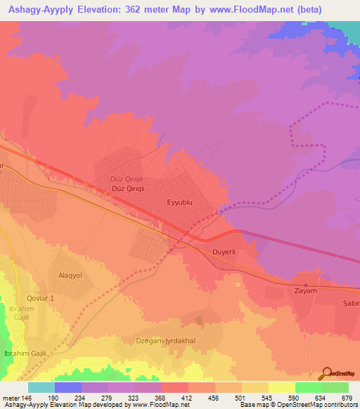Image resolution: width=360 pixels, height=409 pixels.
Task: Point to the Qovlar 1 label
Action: pyautogui.click(x=36, y=298)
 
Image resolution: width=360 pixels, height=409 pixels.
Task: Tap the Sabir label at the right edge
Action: pyautogui.click(x=351, y=304)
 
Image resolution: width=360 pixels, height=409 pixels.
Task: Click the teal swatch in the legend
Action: pyautogui.click(x=41, y=387)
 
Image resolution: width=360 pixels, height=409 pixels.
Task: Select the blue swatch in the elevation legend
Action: pyautogui.click(x=68, y=387)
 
